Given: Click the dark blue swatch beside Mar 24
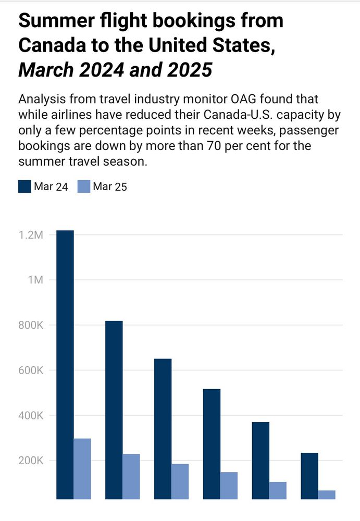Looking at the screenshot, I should (x=24, y=187).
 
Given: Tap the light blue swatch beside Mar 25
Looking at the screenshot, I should (x=83, y=187).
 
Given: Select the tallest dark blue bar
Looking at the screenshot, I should (x=65, y=365).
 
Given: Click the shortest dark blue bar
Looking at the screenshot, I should (x=309, y=476).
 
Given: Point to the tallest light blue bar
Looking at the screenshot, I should (x=82, y=468).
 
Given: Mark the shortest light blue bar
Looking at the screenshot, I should (x=327, y=494).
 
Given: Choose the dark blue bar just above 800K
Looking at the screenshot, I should (x=114, y=410).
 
